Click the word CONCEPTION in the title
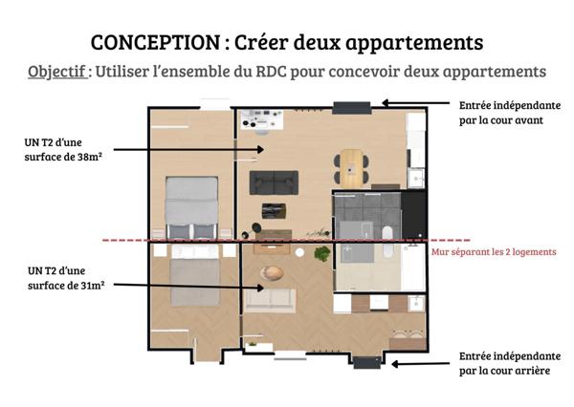[154, 43]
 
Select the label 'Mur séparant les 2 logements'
[493, 252]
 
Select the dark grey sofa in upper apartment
[274, 181]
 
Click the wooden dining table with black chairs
[353, 165]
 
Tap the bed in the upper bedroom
[192, 205]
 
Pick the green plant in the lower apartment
[322, 253]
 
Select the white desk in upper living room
[257, 118]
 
